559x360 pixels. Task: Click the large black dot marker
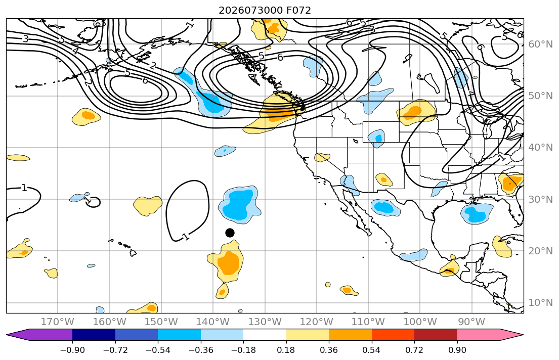coord(230,233)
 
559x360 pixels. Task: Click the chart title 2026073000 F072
coord(265,10)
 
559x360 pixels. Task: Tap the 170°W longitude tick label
coord(58,322)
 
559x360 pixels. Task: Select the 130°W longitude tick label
coord(265,322)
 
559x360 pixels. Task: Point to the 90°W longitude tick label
coord(471,322)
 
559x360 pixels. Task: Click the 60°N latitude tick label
coord(540,44)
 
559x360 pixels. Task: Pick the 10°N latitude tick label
coord(540,303)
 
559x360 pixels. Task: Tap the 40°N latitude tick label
coord(540,148)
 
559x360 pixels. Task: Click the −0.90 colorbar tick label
coord(72,350)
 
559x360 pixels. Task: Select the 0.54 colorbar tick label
coord(371,350)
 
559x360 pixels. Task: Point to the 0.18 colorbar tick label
coord(286,350)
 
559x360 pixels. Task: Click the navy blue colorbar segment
coord(94,335)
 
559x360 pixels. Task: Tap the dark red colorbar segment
coord(436,335)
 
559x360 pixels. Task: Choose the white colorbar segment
coord(265,335)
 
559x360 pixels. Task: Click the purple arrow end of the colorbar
coord(39,335)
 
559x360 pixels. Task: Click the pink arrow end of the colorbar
coord(490,335)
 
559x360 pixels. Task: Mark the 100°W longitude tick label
coord(420,322)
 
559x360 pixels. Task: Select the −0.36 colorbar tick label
coord(201,350)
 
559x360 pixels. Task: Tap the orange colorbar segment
coord(350,335)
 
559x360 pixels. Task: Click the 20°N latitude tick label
coord(540,251)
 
